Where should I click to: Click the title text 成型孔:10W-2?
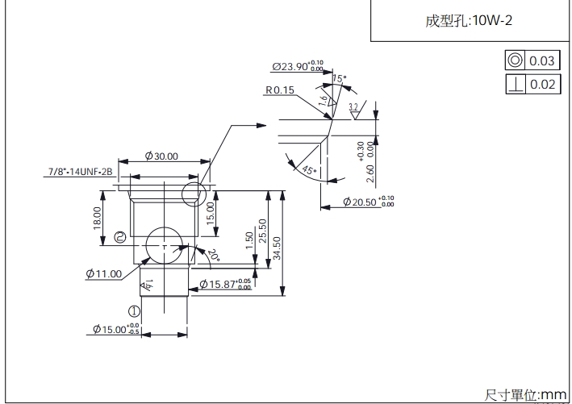pyautogui.click(x=469, y=21)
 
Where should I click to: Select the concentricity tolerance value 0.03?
pyautogui.click(x=543, y=60)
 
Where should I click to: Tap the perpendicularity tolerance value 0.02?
pyautogui.click(x=543, y=84)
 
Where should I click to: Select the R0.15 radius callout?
pyautogui.click(x=278, y=90)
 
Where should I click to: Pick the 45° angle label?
pyautogui.click(x=306, y=170)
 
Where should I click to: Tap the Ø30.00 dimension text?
pyautogui.click(x=161, y=156)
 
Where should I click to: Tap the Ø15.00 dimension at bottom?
pyautogui.click(x=112, y=330)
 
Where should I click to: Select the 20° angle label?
pyautogui.click(x=214, y=256)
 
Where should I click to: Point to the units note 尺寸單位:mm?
pyautogui.click(x=527, y=394)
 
